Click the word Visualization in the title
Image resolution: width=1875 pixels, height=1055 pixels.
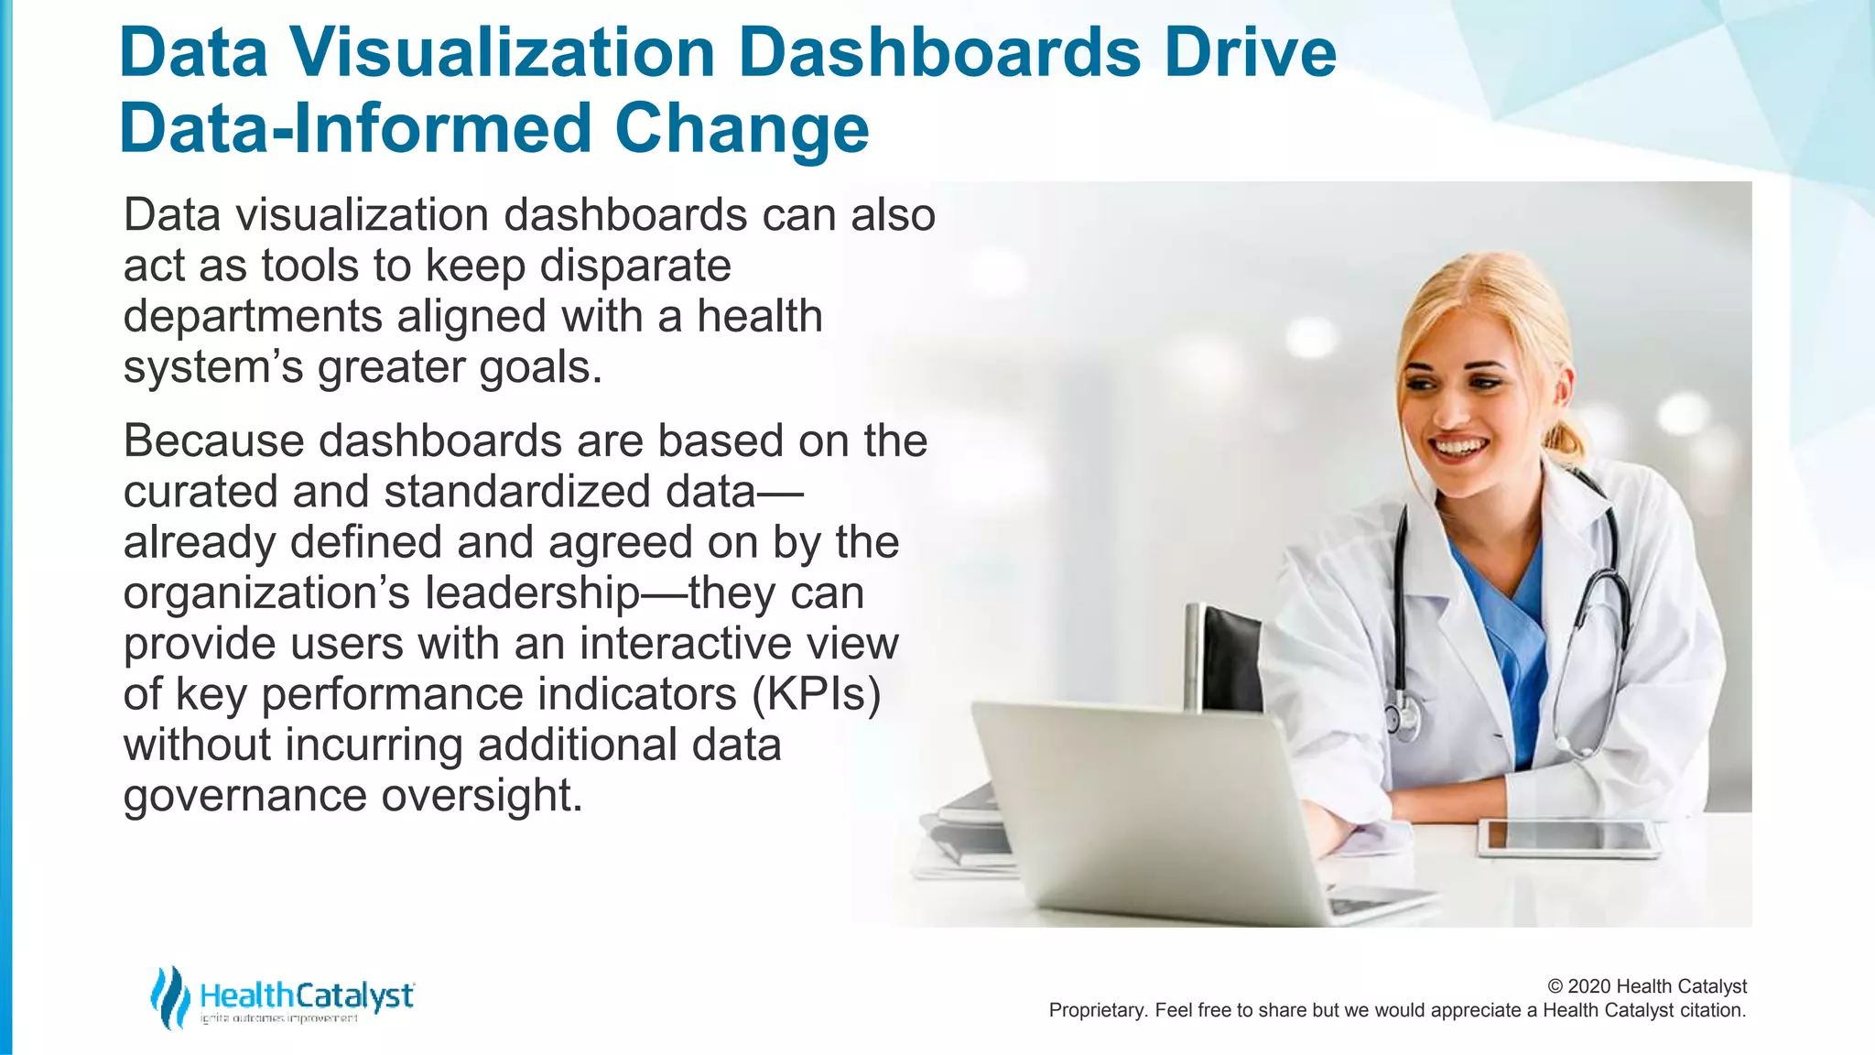(503, 53)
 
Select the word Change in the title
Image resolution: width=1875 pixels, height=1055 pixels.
(742, 128)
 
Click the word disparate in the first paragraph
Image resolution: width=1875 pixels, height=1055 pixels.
(634, 266)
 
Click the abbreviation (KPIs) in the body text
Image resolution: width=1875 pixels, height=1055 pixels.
(817, 694)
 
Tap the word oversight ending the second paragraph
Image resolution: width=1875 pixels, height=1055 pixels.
(482, 795)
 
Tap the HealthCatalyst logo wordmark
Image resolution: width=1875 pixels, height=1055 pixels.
(307, 995)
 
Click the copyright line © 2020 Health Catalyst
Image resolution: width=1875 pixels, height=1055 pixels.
(1646, 986)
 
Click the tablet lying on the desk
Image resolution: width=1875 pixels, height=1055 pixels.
(1567, 836)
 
